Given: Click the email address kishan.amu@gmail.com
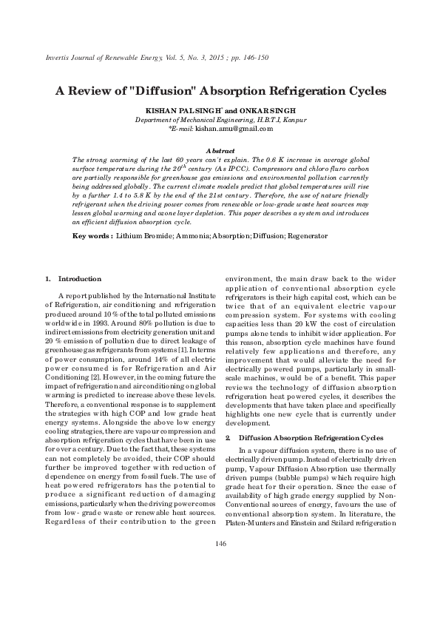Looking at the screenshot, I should [x=234, y=128].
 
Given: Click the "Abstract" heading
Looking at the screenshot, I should [x=220, y=149].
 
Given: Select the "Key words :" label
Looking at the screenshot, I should [x=92, y=236].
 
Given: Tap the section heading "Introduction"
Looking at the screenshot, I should [x=79, y=279].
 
